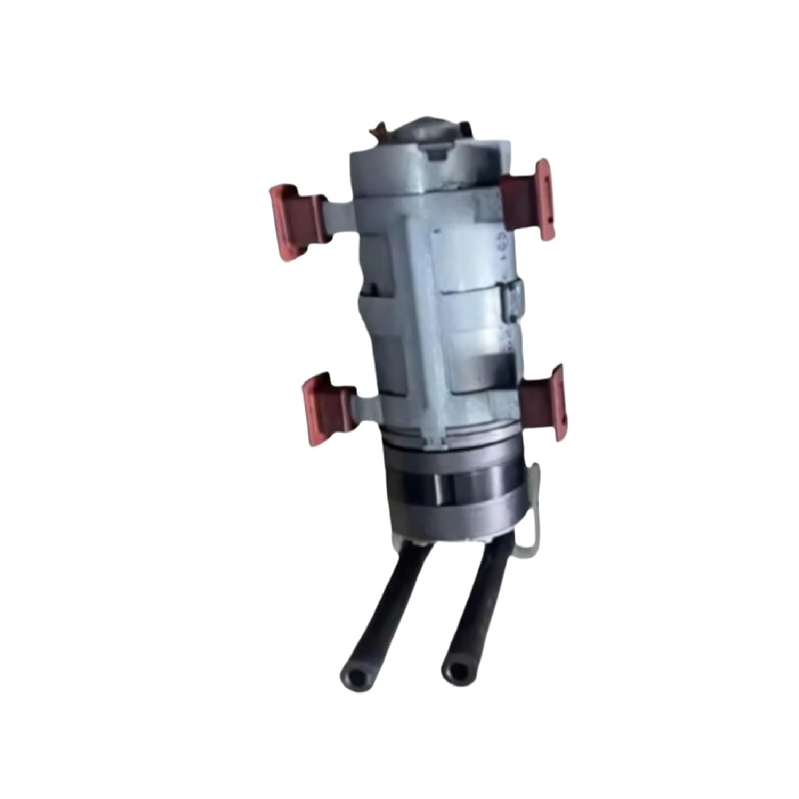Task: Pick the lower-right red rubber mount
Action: (543, 402)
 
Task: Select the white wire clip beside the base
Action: (533, 511)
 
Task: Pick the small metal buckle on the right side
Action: (513, 301)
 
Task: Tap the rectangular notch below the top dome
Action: (437, 155)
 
